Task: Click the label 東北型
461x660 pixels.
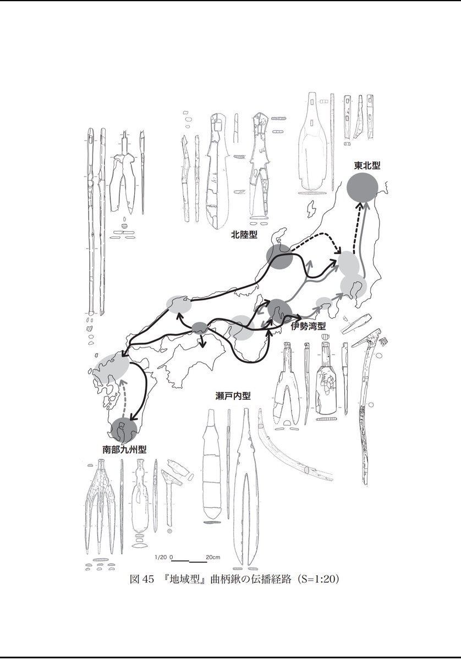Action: (367, 166)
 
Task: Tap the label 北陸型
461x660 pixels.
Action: (244, 235)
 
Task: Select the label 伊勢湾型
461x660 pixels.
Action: (308, 326)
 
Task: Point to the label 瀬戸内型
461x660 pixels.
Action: (233, 397)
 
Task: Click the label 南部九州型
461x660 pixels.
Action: (124, 450)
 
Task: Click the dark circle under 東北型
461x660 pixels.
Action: (363, 188)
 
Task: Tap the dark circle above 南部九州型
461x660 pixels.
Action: (124, 431)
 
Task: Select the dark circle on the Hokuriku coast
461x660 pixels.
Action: (279, 257)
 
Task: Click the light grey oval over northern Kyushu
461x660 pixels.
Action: (111, 368)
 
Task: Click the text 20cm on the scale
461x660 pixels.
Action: (213, 557)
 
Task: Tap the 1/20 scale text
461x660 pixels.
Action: (161, 557)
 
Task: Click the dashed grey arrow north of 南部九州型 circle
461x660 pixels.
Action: (123, 398)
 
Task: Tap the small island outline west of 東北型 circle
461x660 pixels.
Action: (311, 209)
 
